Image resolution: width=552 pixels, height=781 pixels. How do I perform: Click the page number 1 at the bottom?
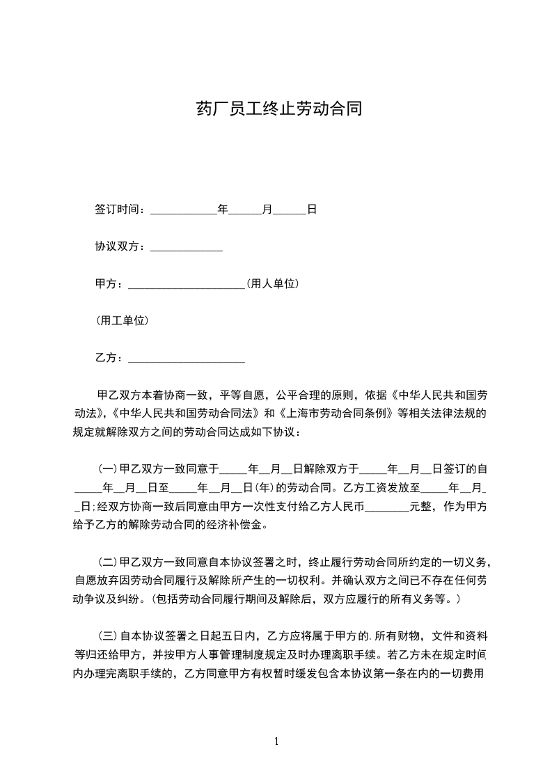point(276,741)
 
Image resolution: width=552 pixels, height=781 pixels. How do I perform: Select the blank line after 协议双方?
point(186,247)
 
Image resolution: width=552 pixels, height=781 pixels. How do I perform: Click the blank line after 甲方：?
point(187,284)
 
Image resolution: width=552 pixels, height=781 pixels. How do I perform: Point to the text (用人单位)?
point(273,284)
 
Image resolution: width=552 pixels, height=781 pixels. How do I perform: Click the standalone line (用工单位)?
point(122,321)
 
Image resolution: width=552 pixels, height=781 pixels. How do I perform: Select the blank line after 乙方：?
point(187,358)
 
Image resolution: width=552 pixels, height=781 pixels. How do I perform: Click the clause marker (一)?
point(109,469)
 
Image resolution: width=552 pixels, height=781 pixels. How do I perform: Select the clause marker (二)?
point(109,562)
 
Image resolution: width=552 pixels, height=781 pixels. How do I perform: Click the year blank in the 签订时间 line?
point(183,209)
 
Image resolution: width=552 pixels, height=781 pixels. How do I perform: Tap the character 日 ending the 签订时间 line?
point(312,209)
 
